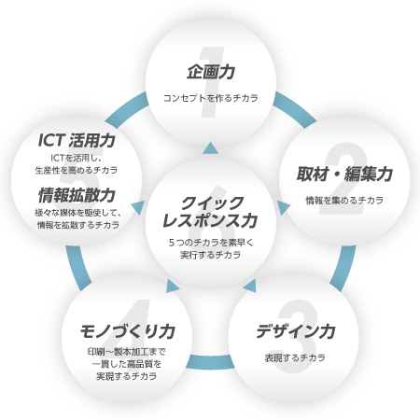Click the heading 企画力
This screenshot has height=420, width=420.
(x=211, y=72)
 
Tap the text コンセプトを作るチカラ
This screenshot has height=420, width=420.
(x=211, y=98)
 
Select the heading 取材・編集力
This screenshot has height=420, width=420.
(x=344, y=174)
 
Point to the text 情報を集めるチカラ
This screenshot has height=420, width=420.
(x=344, y=200)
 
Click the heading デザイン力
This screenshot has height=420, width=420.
(x=296, y=331)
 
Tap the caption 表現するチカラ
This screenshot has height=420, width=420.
(x=295, y=357)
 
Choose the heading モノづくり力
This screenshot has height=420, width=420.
(x=127, y=331)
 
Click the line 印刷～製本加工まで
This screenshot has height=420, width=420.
(x=127, y=352)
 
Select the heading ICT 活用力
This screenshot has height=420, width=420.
(x=77, y=140)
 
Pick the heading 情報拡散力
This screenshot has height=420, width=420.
(x=77, y=195)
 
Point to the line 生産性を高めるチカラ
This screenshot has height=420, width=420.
(x=77, y=170)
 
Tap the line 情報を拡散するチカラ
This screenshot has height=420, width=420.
(x=78, y=225)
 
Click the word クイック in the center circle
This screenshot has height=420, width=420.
(x=212, y=203)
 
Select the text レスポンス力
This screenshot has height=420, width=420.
(x=210, y=220)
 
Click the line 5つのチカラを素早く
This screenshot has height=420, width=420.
(x=211, y=243)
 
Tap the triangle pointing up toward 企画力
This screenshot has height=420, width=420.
(x=210, y=148)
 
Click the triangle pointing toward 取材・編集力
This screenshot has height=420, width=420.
(x=283, y=208)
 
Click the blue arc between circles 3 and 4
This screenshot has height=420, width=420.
(x=210, y=362)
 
